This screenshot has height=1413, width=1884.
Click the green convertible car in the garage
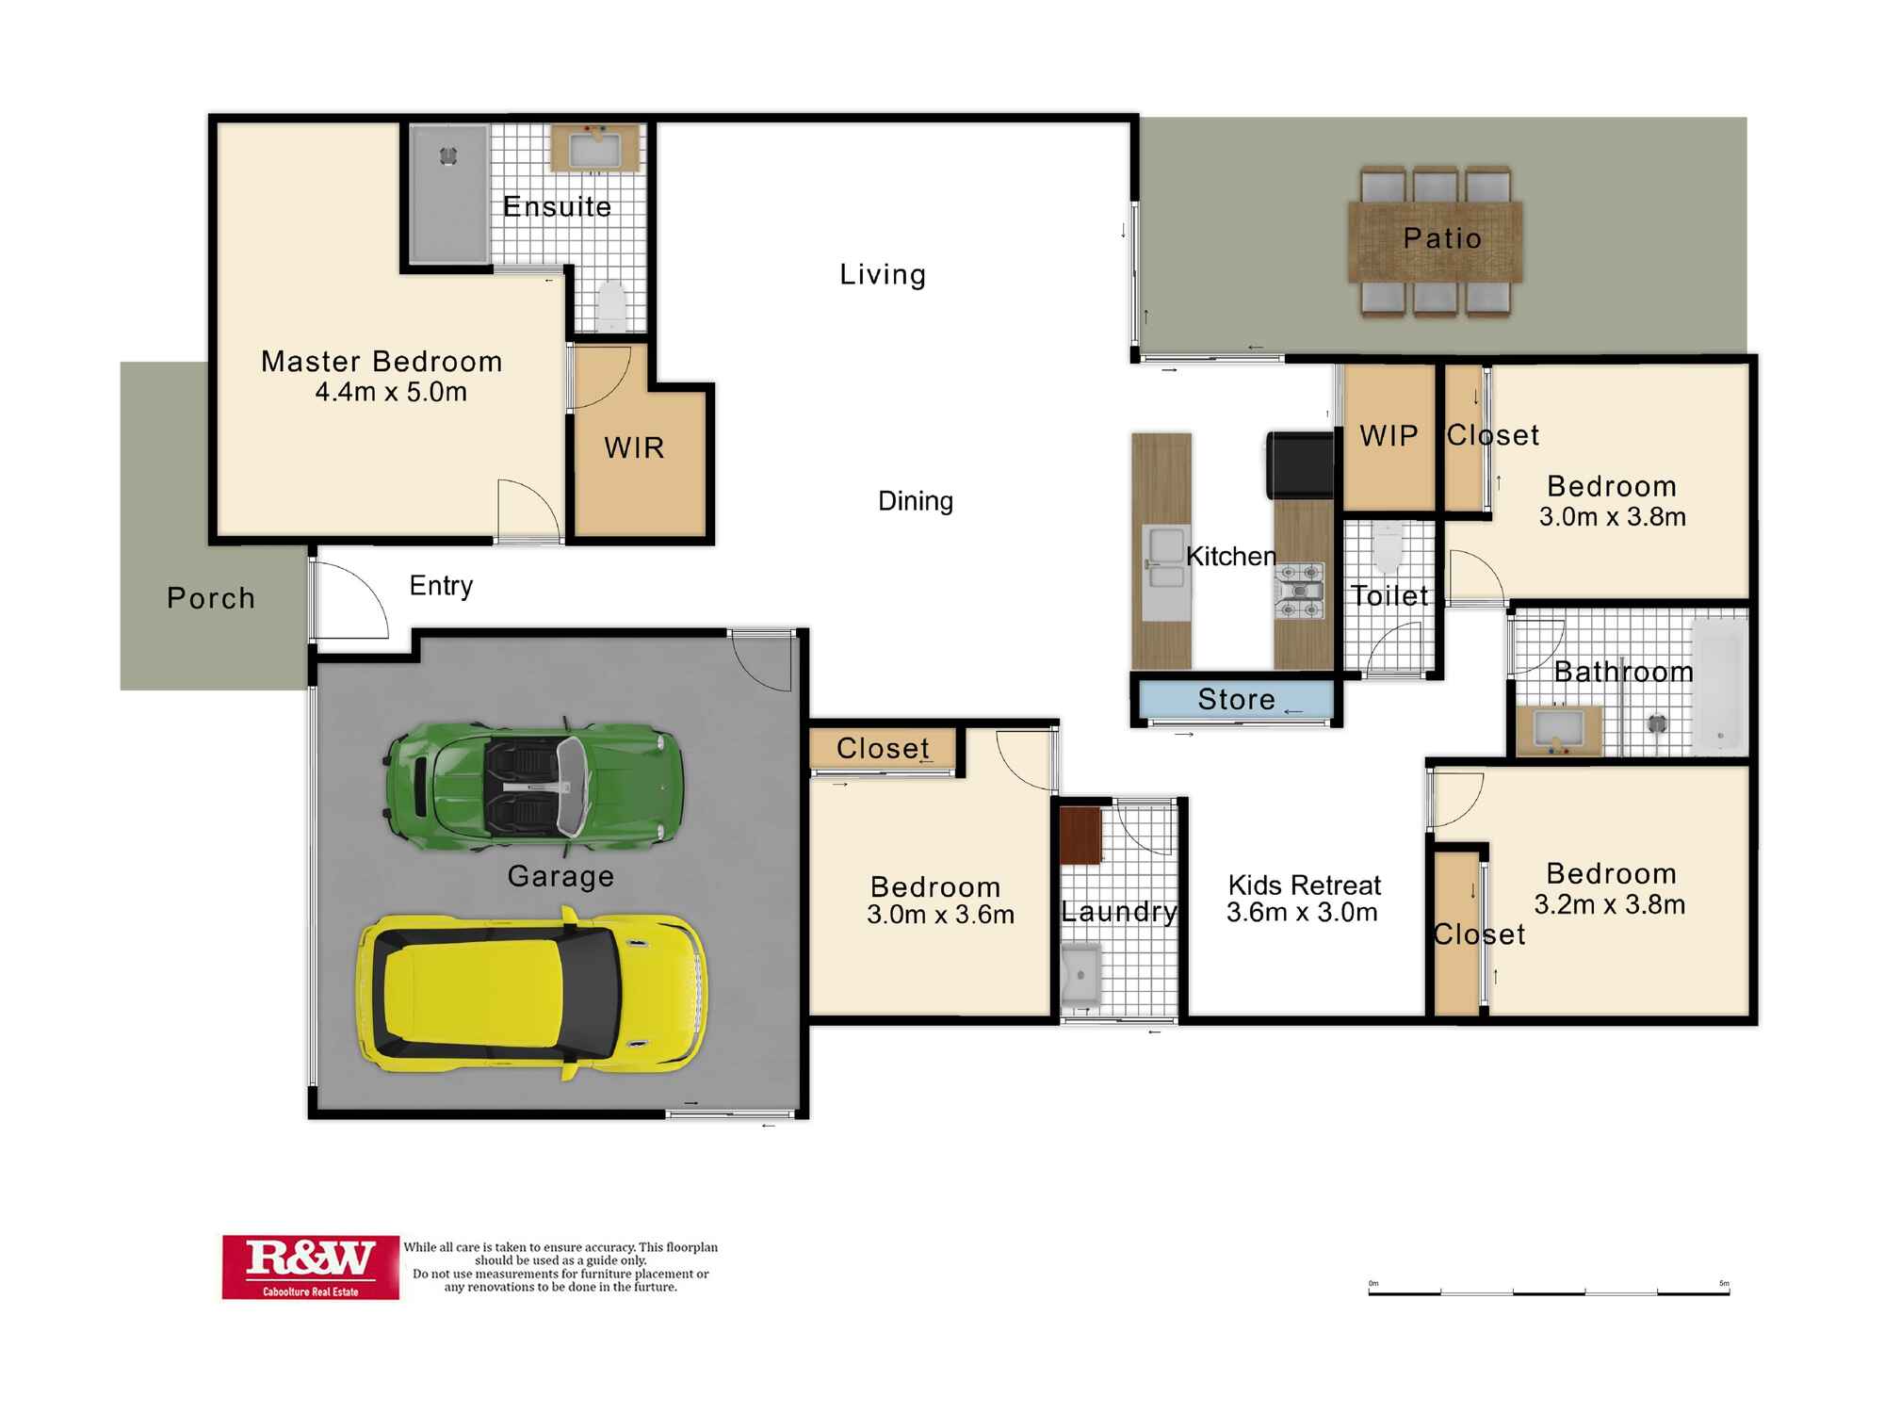click(533, 784)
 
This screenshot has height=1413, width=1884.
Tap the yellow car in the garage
click(531, 993)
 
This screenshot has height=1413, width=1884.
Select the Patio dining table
click(1435, 241)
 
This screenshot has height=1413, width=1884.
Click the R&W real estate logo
click(310, 1267)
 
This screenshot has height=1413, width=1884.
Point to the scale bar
click(1549, 1291)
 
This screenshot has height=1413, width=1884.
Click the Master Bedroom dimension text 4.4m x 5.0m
click(391, 392)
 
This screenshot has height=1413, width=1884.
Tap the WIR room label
click(634, 447)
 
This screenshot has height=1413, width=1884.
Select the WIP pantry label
click(1389, 435)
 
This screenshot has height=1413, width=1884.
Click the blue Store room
click(1235, 699)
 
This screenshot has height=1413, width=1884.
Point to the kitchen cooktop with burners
click(1301, 592)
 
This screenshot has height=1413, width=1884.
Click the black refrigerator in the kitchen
click(1301, 464)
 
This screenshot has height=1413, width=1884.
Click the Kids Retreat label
click(1304, 885)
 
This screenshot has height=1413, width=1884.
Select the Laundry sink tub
click(1080, 974)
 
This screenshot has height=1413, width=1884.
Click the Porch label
click(211, 598)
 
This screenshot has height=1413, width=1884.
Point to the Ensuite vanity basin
click(595, 149)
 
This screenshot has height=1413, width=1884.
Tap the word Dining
click(915, 501)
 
